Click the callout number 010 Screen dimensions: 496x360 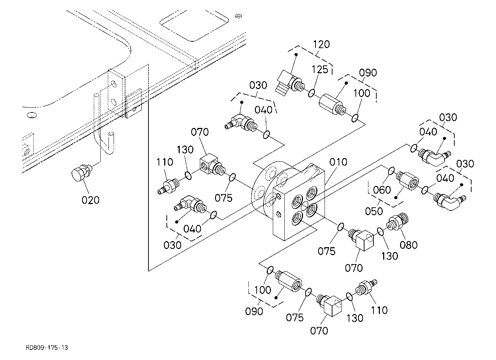tap(338, 162)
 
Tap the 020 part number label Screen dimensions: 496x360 tap(91, 200)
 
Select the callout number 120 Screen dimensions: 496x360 tap(321, 44)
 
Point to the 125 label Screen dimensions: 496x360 tap(320, 69)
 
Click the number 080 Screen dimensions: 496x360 tap(409, 245)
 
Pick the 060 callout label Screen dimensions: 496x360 tap(382, 190)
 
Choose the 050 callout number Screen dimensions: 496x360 tap(374, 211)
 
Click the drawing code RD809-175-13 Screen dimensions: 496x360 tap(47, 347)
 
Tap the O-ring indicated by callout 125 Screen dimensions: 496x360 tap(311, 93)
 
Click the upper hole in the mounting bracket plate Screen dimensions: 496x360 tap(114, 84)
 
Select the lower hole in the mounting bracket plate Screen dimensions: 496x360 tap(114, 102)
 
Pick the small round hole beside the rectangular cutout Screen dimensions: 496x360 tap(238, 16)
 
